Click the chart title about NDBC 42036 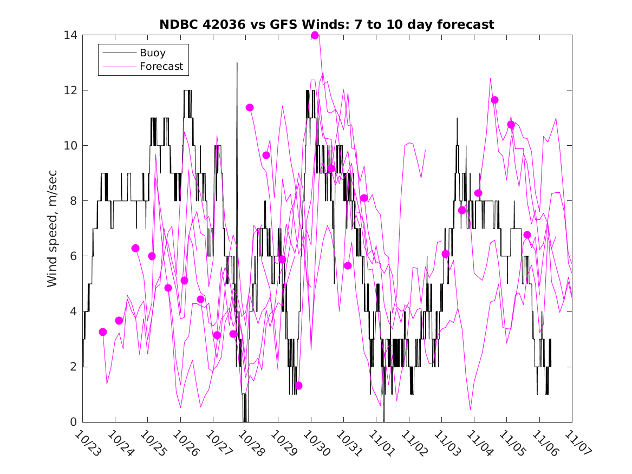327,25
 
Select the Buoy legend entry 152,53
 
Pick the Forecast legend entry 161,67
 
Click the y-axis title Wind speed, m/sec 53,229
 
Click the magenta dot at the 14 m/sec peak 315,35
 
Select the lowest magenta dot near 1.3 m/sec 298,386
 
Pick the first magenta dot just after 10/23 103,332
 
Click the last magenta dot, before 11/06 527,235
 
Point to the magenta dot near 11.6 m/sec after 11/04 494,100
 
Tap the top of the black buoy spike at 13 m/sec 237,63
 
